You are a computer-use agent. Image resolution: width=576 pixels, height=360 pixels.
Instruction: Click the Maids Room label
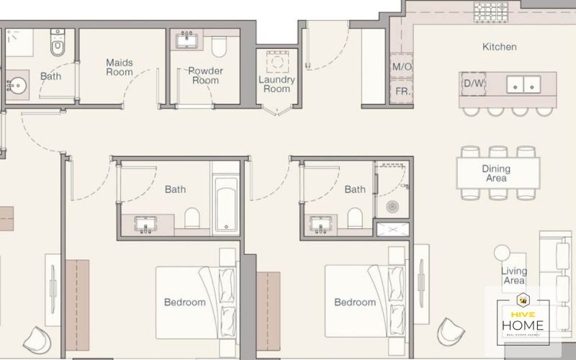point(120,67)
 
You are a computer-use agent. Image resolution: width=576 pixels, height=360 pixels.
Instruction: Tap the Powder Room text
point(205,76)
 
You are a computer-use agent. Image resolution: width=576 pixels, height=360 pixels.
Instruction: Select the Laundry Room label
point(276,84)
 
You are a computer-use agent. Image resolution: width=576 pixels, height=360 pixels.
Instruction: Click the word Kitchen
point(499,47)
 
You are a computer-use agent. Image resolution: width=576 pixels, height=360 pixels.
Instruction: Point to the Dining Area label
point(496,174)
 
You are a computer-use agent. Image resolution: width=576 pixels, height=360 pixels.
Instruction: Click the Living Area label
point(514,276)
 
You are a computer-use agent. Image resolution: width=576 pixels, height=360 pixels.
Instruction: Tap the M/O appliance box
point(402,66)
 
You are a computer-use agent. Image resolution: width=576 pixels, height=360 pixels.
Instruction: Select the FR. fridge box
point(402,91)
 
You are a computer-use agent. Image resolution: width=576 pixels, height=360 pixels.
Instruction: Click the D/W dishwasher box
point(474,84)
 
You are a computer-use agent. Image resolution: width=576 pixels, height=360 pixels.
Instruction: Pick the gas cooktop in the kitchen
point(491,12)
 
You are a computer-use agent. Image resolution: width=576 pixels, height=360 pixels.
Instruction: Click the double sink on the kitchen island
point(523,84)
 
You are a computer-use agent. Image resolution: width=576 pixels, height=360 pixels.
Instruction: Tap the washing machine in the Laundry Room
point(277,62)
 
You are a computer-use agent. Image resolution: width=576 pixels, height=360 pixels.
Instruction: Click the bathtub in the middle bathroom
point(226,207)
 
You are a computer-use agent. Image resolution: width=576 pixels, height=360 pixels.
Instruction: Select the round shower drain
point(392,207)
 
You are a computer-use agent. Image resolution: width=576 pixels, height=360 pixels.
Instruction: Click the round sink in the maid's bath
point(17,86)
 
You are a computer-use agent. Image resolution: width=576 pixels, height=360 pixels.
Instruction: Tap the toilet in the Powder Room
point(219,47)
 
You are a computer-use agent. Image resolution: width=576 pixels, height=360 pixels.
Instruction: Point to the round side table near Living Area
point(502,253)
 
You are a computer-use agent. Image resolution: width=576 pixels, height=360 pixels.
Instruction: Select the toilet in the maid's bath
point(58,42)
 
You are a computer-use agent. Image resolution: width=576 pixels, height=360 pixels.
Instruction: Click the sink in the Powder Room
point(187,40)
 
